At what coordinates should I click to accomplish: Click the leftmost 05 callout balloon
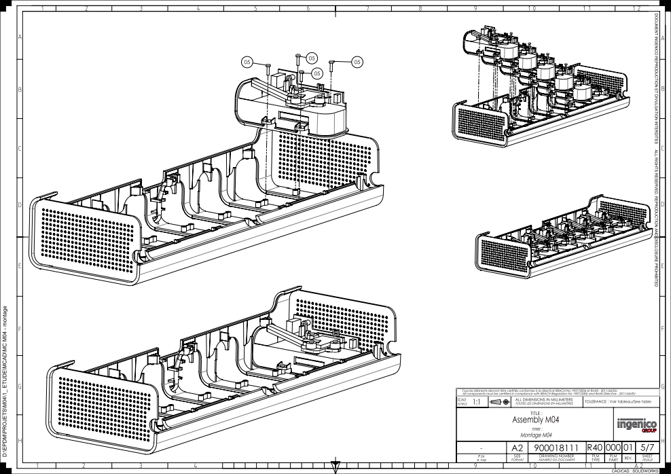247,62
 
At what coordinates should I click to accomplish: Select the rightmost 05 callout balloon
357,62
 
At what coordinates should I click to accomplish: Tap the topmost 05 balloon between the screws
311,56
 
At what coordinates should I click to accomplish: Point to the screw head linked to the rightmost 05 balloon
331,62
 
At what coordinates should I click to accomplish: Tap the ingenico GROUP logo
635,424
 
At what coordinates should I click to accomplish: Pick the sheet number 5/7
647,448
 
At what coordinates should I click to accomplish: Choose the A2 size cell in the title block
517,448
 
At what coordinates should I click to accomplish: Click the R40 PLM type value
595,448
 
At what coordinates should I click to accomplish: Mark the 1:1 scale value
477,402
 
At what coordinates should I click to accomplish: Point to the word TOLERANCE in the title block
598,402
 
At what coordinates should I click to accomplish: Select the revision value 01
629,448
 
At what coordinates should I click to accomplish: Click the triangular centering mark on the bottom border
335,467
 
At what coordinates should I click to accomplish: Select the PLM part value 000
613,448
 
